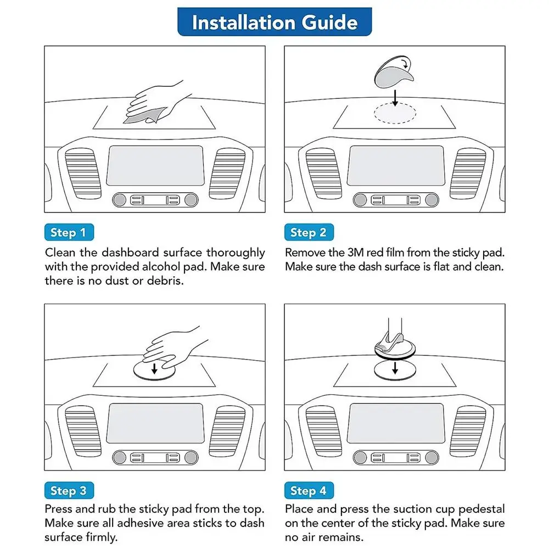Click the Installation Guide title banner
pos(274,22)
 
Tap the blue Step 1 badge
pos(68,232)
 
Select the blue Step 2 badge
pos(308,232)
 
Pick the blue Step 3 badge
pos(68,490)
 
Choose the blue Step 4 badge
pos(308,490)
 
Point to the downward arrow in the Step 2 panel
pos(395,97)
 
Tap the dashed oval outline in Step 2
pos(395,114)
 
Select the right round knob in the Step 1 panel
pos(190,200)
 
